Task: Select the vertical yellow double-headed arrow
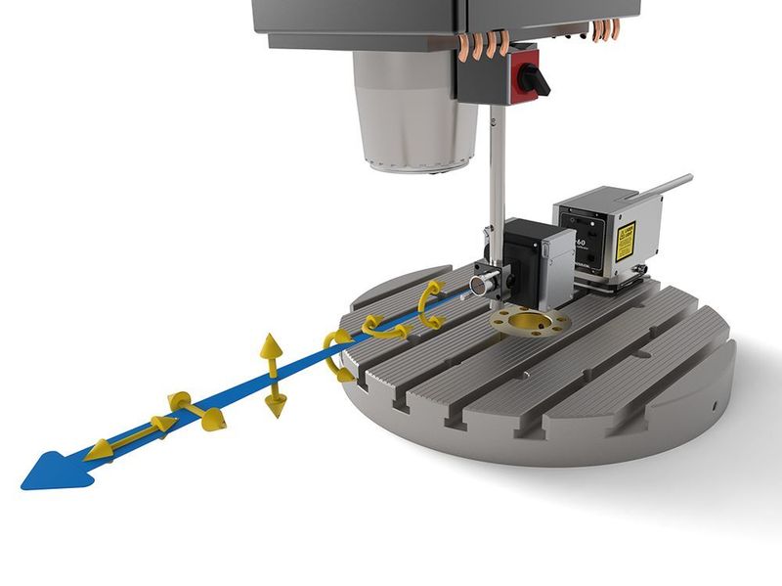tap(273, 376)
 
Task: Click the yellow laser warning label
tap(626, 238)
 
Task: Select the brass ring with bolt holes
tap(529, 321)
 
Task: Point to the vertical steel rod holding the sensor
tap(498, 176)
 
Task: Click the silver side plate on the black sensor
tap(558, 259)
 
